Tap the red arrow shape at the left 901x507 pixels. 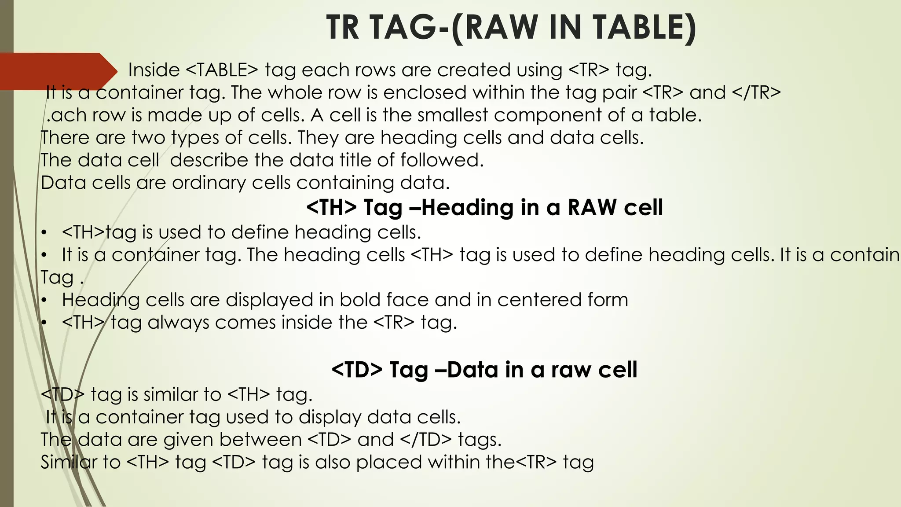click(57, 70)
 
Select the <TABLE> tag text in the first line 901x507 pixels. click(222, 70)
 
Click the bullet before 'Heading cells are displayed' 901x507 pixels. click(44, 300)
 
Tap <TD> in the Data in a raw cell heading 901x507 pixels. click(357, 370)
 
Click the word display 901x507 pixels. click(330, 417)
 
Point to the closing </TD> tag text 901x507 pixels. click(426, 439)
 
